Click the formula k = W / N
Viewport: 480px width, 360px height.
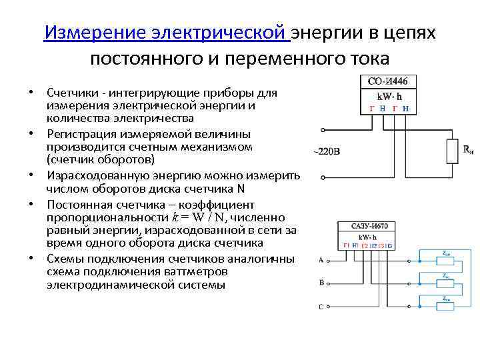199,218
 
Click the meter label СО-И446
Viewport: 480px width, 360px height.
388,82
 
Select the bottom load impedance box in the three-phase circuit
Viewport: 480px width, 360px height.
445,306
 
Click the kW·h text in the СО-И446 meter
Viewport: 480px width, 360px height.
388,97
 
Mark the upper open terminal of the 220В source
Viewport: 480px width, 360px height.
323,129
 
